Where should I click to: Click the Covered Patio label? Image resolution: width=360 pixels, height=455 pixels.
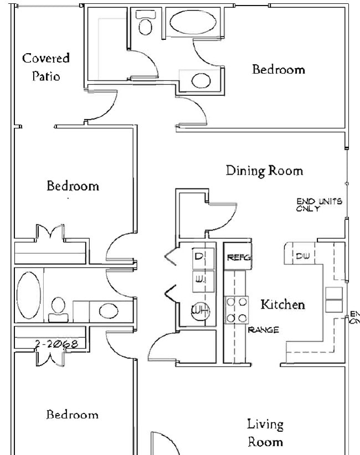[46, 67]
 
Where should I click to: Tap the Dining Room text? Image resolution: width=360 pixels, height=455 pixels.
[264, 170]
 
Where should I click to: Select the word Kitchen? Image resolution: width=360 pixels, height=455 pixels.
[282, 304]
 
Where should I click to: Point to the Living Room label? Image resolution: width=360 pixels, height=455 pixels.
[265, 433]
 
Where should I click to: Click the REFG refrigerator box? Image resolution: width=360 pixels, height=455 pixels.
[239, 257]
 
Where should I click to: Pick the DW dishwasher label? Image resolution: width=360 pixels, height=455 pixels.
[302, 255]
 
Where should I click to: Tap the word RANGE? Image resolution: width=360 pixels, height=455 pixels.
[263, 330]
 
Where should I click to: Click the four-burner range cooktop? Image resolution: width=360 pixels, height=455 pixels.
[236, 310]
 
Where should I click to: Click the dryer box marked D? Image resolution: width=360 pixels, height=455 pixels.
[200, 257]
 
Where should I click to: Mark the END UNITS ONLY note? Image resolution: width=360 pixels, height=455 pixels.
[319, 205]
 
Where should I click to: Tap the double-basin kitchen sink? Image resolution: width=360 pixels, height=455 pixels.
[334, 299]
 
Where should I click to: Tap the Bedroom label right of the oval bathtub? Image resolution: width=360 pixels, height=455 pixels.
[279, 69]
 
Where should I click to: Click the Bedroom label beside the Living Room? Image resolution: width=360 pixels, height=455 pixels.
[72, 415]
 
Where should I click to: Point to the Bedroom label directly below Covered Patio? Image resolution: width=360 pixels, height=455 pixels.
[73, 186]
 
